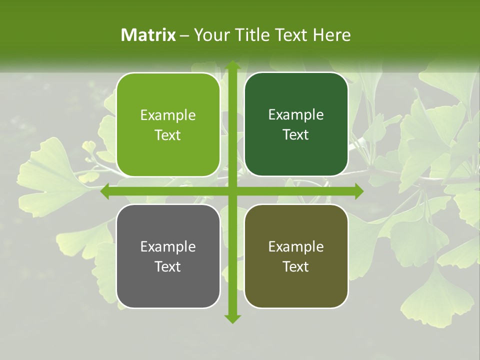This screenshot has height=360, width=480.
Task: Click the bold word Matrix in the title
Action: coord(148,35)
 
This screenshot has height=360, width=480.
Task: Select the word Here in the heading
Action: coord(332,35)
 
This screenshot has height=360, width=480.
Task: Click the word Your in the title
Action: coord(210,35)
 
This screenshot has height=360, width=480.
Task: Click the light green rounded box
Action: coord(168,125)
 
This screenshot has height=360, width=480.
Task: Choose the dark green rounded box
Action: coord(296,124)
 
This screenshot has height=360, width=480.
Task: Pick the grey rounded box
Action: coord(168,256)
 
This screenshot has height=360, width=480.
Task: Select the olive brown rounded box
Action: coord(296,256)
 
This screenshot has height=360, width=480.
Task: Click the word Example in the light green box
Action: coord(168,115)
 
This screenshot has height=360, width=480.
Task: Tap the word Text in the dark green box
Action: coord(296,135)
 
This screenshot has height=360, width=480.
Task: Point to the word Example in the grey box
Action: coord(168,246)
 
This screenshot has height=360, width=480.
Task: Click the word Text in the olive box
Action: coord(296,266)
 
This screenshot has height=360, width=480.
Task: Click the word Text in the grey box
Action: coord(168,266)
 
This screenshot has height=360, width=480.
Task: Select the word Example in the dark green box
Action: coord(296,115)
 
